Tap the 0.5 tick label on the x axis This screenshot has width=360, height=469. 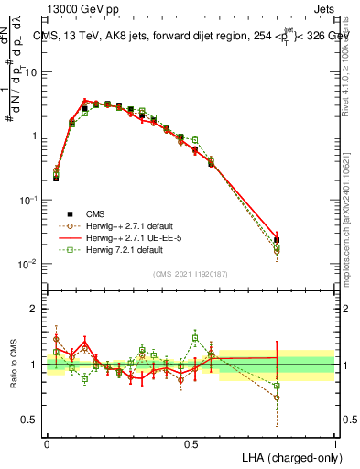(x=191, y=443)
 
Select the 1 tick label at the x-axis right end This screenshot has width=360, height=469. (x=335, y=443)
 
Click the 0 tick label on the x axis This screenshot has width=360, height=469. (x=47, y=443)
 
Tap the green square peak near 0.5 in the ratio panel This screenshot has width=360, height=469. (x=195, y=337)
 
